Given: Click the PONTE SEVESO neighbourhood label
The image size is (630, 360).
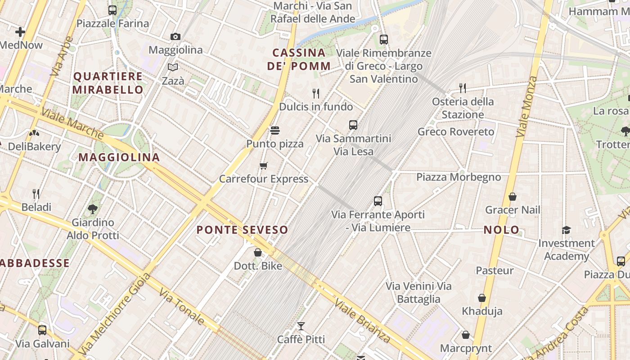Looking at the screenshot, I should coord(242,230).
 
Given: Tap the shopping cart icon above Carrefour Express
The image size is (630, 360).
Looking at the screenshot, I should coord(264,166).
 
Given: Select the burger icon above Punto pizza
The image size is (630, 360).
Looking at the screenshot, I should coord(275,130).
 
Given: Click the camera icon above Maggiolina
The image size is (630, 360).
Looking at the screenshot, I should coord(175,36).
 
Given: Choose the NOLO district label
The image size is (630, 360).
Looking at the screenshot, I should coord(501,230).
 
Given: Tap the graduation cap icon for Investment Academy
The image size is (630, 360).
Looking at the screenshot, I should coord(566,230).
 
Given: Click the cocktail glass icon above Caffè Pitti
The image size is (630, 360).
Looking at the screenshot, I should coord(301,326).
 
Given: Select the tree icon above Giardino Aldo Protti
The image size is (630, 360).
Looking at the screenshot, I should coord(93,209).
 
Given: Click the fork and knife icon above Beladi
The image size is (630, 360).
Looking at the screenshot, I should coord(36,194).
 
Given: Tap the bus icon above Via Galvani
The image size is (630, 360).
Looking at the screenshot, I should coord(42,330).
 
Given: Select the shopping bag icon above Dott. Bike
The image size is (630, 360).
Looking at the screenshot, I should coord(258,252).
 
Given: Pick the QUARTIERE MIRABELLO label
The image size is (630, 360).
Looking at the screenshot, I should coord(108,83).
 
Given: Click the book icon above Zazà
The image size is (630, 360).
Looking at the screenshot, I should coord(173,67).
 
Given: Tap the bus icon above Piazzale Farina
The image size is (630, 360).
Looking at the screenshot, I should coord(112,10).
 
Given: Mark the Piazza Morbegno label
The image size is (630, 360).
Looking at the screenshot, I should coord(459,177).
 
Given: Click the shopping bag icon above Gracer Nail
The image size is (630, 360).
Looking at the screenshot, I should coord(512,197).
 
